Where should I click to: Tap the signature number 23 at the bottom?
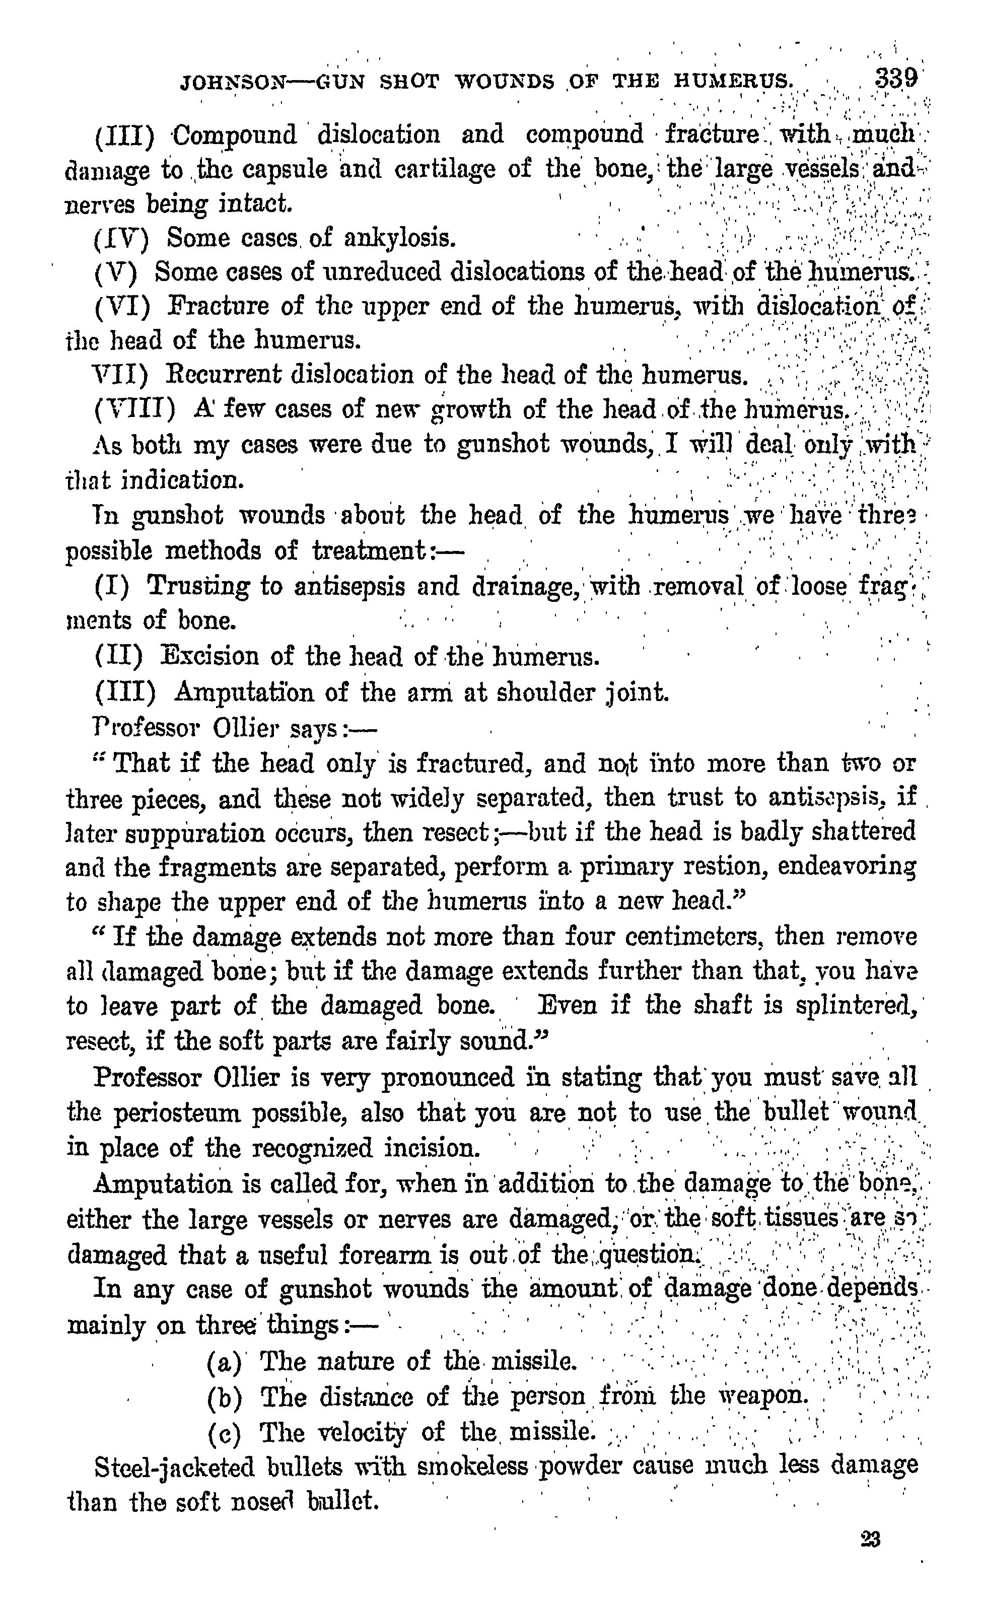coord(870,1539)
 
